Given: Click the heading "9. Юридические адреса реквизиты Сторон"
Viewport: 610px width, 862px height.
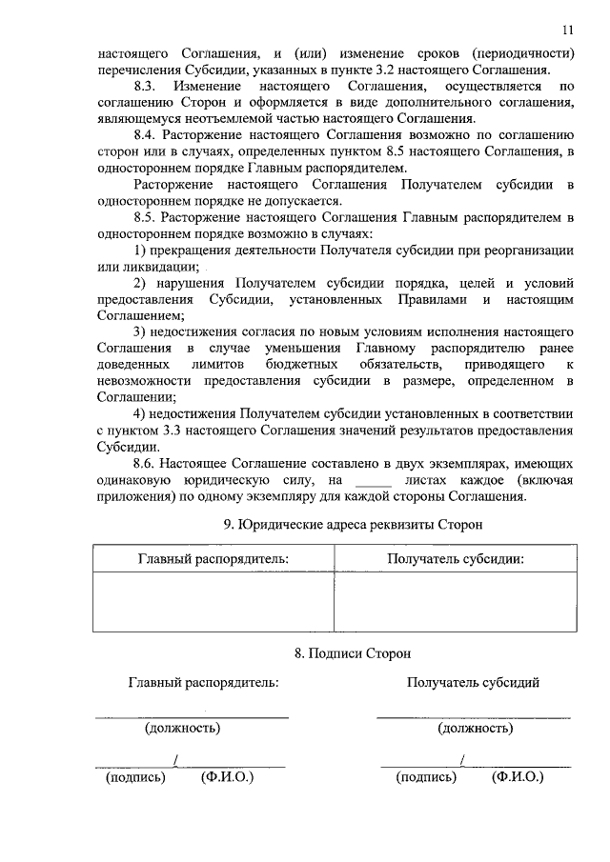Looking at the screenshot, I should (353, 525).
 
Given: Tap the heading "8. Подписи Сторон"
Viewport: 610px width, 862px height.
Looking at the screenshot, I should (352, 653).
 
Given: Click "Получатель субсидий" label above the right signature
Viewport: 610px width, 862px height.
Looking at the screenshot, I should (474, 683).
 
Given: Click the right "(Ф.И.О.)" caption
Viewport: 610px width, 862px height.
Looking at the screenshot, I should (517, 777).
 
